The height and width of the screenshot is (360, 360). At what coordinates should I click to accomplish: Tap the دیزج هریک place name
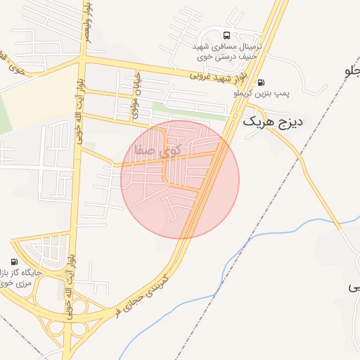[273, 122]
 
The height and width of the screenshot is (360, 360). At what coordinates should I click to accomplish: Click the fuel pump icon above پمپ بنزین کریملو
[262, 82]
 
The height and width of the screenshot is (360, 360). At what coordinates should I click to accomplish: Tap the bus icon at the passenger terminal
[226, 34]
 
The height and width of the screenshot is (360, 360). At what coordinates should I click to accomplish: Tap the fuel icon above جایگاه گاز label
[15, 261]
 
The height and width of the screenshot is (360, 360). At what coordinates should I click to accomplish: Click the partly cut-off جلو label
[352, 71]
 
